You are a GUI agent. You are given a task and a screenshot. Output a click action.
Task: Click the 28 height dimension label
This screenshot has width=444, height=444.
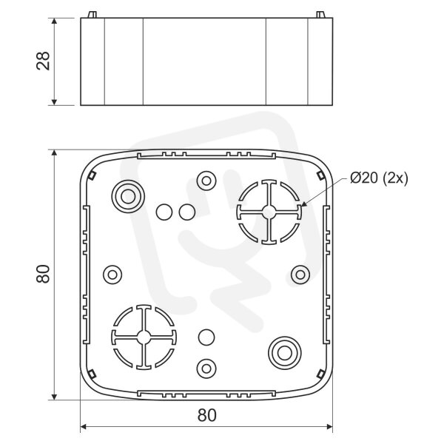point(44,61)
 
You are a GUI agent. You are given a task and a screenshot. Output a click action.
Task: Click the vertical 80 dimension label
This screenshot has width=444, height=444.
point(44,274)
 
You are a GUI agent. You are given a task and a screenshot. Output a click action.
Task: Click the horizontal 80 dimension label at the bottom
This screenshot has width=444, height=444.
point(206,415)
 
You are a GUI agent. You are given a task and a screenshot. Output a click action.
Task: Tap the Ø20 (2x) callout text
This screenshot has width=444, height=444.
point(379,178)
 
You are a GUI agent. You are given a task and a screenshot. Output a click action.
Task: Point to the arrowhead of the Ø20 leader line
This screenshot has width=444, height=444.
point(303,204)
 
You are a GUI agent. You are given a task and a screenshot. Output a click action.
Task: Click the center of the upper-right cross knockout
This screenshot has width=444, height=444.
point(269,212)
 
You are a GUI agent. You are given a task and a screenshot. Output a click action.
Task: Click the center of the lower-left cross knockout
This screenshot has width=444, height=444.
point(144,337)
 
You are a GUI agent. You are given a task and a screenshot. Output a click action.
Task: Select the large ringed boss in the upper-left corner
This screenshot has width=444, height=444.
point(128,196)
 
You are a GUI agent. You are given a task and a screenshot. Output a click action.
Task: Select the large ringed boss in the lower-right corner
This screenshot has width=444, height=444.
point(285,353)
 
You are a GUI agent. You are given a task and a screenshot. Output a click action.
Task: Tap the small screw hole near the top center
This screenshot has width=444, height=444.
point(206,181)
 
